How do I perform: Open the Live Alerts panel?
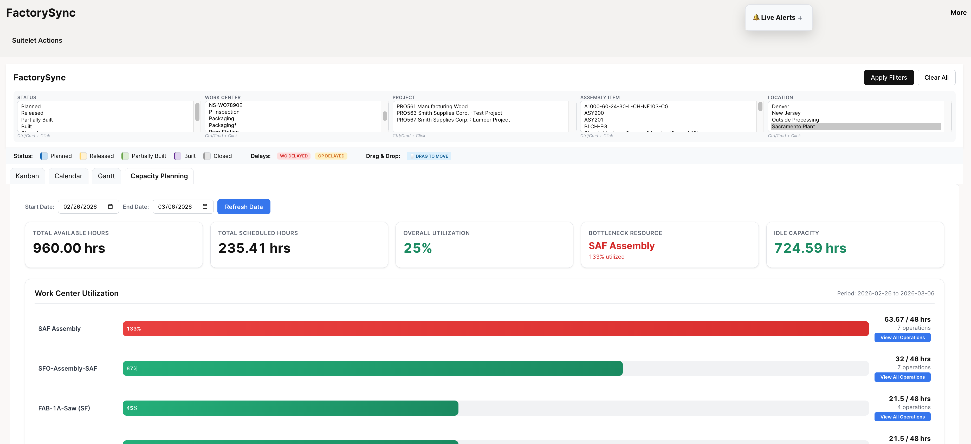pyautogui.click(x=778, y=18)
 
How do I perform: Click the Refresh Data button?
pyautogui.click(x=243, y=207)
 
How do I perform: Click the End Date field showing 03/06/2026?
pyautogui.click(x=175, y=207)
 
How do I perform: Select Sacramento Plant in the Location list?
pyautogui.click(x=793, y=127)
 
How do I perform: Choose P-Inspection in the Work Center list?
pyautogui.click(x=224, y=112)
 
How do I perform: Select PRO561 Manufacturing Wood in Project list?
pyautogui.click(x=432, y=107)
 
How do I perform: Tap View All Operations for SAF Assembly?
pyautogui.click(x=902, y=338)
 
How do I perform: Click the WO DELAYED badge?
pyautogui.click(x=294, y=156)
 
